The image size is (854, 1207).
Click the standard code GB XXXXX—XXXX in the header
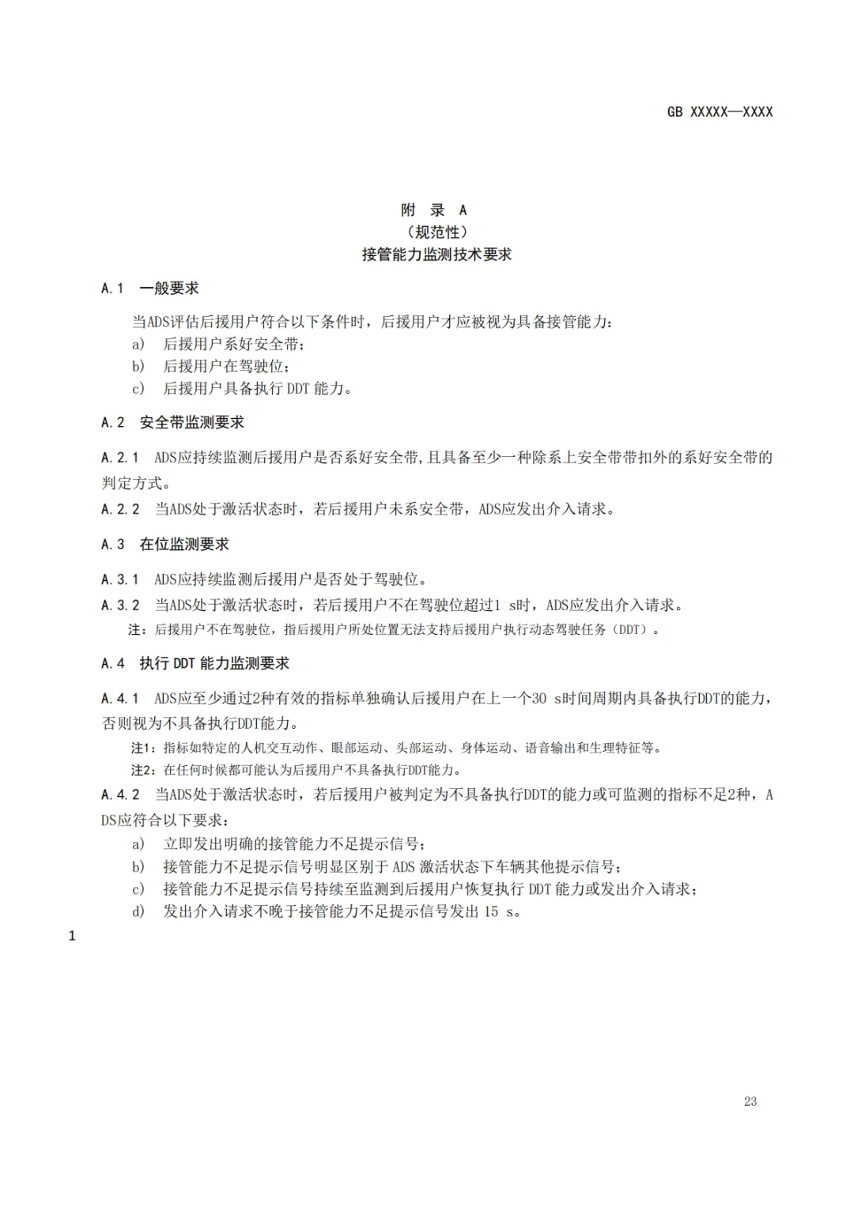point(720,112)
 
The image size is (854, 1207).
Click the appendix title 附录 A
point(434,210)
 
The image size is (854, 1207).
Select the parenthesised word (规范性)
point(437,232)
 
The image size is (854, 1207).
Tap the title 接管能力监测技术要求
point(437,255)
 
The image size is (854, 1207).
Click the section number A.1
point(112,289)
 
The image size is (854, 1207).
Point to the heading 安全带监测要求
point(192,423)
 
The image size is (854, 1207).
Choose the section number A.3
point(112,545)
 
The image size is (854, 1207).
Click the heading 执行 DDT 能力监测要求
point(214,664)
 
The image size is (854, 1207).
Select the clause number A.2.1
point(119,458)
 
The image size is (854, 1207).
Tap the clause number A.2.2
point(119,510)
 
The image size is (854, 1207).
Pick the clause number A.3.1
point(119,579)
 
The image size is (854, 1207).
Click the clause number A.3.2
point(119,605)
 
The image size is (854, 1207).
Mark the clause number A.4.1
point(119,699)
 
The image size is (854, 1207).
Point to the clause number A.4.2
point(119,795)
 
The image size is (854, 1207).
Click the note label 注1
point(142,748)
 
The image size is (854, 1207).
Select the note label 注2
point(142,770)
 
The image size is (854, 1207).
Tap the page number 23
point(750,1102)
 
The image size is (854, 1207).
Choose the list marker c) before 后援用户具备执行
point(138,389)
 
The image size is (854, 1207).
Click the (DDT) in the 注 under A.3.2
point(629,630)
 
